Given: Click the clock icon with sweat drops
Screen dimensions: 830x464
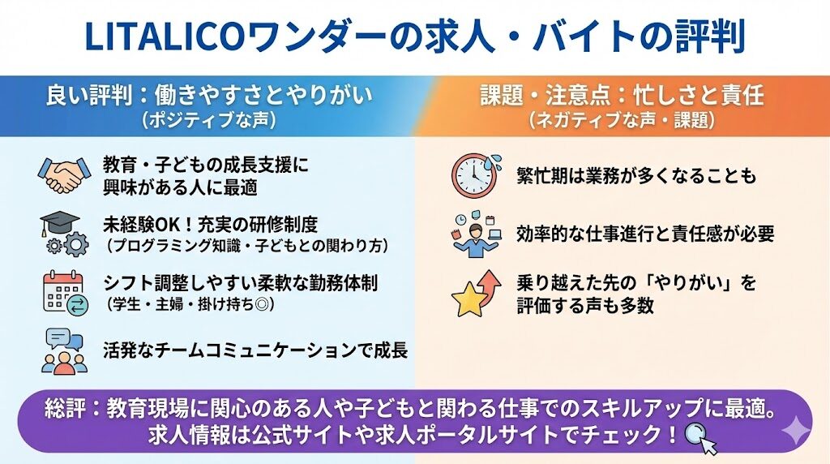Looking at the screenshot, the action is coord(476,175).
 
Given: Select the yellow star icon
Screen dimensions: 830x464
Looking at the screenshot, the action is coord(469,299).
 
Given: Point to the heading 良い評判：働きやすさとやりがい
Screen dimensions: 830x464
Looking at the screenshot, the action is coord(209,96).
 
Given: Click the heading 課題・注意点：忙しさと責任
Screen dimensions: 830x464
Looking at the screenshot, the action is coord(622,96).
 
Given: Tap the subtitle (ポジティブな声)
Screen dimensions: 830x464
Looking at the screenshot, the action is coord(208,120).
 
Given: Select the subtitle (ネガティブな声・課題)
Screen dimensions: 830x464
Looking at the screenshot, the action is coord(622,120).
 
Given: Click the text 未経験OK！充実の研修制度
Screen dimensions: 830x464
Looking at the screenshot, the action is coord(210,225).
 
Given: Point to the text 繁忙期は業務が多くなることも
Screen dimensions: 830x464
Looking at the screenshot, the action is coord(637,176).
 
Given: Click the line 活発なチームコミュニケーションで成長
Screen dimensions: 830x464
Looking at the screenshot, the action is coord(255,350).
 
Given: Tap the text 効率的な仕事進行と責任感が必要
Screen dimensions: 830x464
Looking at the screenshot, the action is coord(645,234).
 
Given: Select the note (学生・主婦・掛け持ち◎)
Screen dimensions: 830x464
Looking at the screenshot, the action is coord(190,304).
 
